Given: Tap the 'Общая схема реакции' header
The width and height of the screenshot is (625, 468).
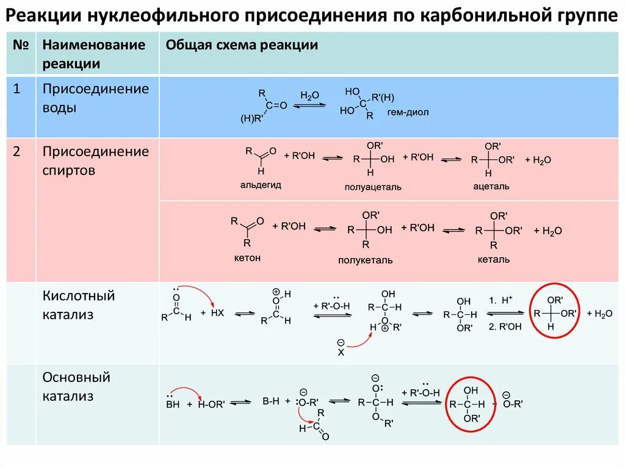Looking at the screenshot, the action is (x=242, y=45).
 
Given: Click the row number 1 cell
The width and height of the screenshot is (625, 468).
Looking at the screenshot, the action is (x=18, y=89).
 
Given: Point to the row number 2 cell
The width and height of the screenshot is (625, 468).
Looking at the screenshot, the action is (x=18, y=152).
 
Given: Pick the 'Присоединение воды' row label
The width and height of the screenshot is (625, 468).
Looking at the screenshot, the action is (x=95, y=98).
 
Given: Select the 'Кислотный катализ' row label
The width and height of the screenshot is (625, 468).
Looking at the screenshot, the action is (x=79, y=305).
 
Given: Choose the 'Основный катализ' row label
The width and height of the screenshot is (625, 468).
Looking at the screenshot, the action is (x=76, y=386).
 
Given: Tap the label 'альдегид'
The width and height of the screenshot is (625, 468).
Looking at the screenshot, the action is (x=260, y=184).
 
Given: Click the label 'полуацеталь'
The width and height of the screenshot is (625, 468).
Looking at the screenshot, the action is (x=373, y=187).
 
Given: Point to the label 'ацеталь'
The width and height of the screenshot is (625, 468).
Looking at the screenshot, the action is (x=491, y=186).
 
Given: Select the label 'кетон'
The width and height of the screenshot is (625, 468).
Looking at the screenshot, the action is (x=247, y=258).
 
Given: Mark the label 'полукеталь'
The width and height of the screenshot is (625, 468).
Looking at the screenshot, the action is (x=366, y=260).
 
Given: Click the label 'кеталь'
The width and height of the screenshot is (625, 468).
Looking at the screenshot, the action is (x=494, y=259).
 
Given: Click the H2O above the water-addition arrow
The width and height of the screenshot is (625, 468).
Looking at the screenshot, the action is (x=309, y=96).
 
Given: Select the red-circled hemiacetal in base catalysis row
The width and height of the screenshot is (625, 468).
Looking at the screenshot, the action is (x=471, y=403).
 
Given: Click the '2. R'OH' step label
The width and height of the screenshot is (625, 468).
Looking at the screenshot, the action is (x=505, y=326).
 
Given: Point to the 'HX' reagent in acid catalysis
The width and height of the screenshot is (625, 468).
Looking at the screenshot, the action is (x=217, y=312).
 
